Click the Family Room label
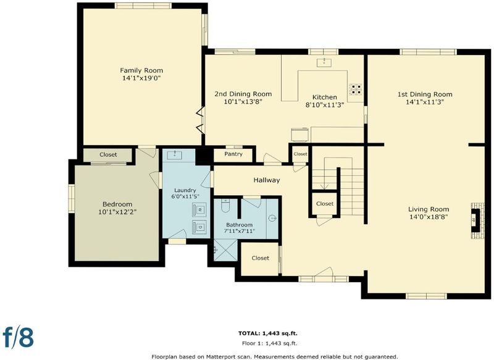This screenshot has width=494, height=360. point(141,70)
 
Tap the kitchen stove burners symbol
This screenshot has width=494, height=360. point(356,89)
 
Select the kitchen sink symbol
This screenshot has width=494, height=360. point(324,62)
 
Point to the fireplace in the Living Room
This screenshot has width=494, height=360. point(476,220)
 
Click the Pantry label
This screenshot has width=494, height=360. point(233,154)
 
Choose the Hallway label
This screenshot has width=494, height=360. point(267,180)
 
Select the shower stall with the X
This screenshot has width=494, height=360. point(225,249)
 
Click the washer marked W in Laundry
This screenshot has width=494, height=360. point(199,210)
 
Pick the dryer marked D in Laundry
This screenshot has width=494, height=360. point(199,227)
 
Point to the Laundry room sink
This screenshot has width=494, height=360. point(174,154)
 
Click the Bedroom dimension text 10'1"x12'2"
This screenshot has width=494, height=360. point(117,212)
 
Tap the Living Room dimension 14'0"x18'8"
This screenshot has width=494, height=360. point(429,217)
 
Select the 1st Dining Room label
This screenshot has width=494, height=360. point(425,94)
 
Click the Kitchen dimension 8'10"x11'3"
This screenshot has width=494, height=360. point(325,104)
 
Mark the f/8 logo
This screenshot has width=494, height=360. point(18,337)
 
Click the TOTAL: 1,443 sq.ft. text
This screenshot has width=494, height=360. point(268,333)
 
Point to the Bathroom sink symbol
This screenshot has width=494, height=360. point(272,218)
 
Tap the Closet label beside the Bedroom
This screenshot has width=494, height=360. point(108,154)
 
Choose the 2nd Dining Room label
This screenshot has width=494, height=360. point(243,94)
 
